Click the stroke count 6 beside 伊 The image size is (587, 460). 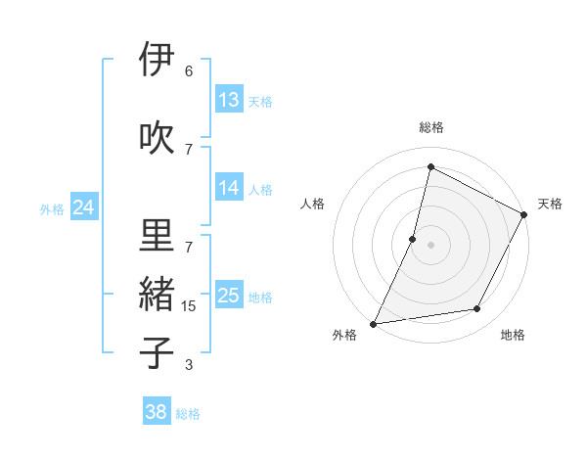[x=188, y=71]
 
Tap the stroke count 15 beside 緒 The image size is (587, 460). [x=188, y=306]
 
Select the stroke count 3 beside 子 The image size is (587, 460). [x=188, y=365]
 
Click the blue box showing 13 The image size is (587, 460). [x=229, y=100]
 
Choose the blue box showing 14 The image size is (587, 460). [x=229, y=188]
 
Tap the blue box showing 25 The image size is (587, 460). [x=229, y=296]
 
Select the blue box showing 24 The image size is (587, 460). [x=83, y=207]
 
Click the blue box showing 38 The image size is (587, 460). [x=157, y=412]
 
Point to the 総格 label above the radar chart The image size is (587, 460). [x=431, y=127]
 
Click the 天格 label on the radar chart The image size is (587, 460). [x=550, y=204]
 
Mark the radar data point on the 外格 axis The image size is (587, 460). [x=374, y=323]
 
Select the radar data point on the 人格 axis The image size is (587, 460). [x=413, y=239]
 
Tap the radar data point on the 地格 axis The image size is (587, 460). [x=477, y=309]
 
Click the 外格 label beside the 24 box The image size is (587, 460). [x=52, y=208]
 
